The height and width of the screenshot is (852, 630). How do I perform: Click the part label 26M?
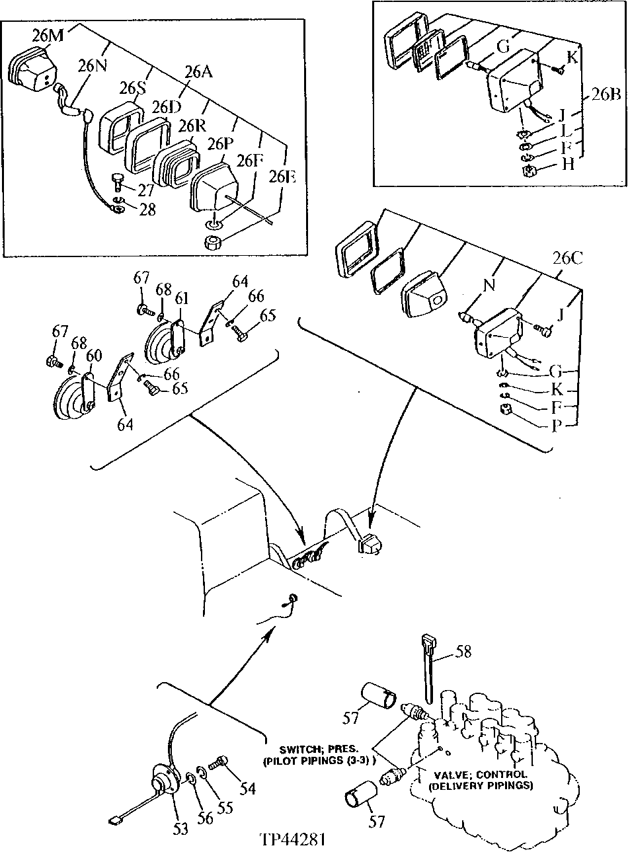click(48, 36)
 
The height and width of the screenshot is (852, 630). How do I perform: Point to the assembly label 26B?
click(605, 94)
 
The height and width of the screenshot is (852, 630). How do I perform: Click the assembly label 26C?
click(567, 258)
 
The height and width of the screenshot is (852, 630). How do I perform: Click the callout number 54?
click(247, 788)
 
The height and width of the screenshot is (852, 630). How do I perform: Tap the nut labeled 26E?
click(214, 242)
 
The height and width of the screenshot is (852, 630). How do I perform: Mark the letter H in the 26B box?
click(568, 165)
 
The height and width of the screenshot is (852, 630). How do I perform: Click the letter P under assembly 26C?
click(557, 424)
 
